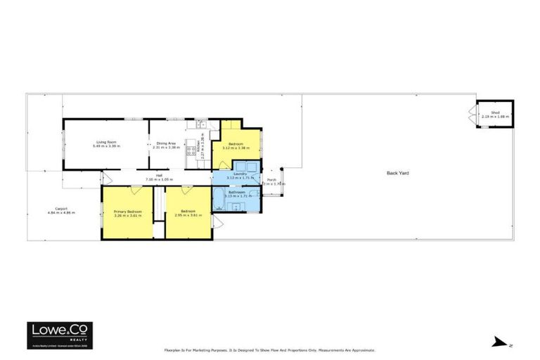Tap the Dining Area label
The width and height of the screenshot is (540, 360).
[x=167, y=142]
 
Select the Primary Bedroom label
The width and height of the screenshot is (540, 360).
[x=128, y=211]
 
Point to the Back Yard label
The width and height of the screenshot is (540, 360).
[x=398, y=172]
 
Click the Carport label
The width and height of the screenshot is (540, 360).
[x=61, y=208]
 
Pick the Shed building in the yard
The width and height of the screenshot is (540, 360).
[x=495, y=113]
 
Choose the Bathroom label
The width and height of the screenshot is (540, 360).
[x=236, y=191]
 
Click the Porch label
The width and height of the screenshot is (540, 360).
[x=271, y=180]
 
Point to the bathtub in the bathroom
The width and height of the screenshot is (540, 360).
[x=218, y=198]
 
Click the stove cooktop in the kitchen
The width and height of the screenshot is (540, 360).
[x=189, y=150]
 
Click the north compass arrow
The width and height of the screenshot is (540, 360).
[x=499, y=342]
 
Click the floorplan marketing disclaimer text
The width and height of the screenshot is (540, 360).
[x=269, y=349]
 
